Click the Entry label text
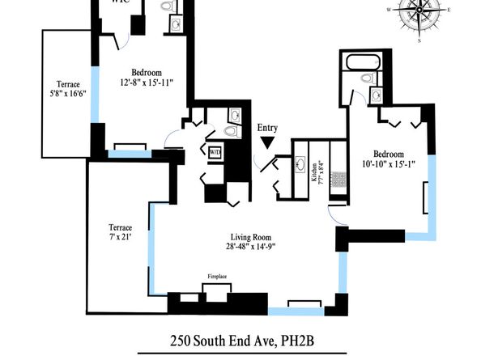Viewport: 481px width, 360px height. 266,128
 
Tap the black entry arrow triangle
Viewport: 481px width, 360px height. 266,143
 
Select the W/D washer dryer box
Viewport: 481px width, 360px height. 215,152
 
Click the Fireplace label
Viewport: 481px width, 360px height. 217,277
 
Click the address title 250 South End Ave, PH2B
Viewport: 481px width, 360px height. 240,341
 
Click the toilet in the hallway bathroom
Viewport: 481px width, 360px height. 230,131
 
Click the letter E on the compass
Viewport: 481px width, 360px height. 448,9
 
